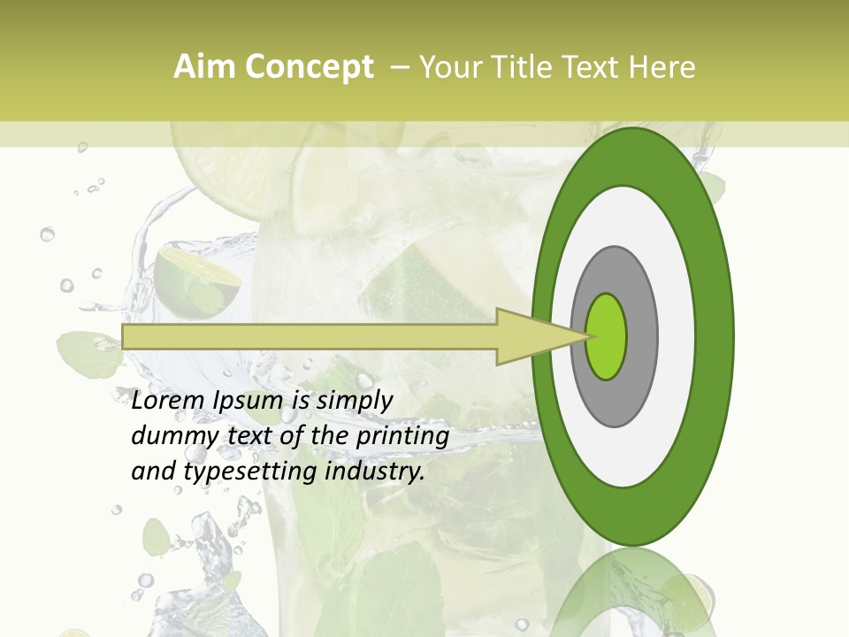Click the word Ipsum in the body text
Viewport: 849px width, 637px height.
(x=250, y=401)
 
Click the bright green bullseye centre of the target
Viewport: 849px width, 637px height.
(x=606, y=336)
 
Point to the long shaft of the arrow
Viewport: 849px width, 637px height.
(x=310, y=336)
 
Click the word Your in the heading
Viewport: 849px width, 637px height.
(x=447, y=67)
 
